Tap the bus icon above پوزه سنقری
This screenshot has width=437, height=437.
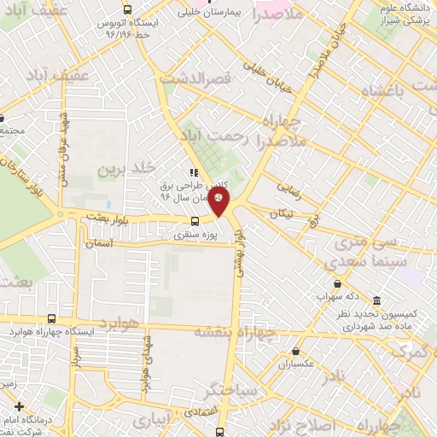point(197,223)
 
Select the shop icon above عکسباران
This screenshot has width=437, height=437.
point(295,350)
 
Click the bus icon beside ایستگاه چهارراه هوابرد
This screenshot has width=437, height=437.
point(53,320)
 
